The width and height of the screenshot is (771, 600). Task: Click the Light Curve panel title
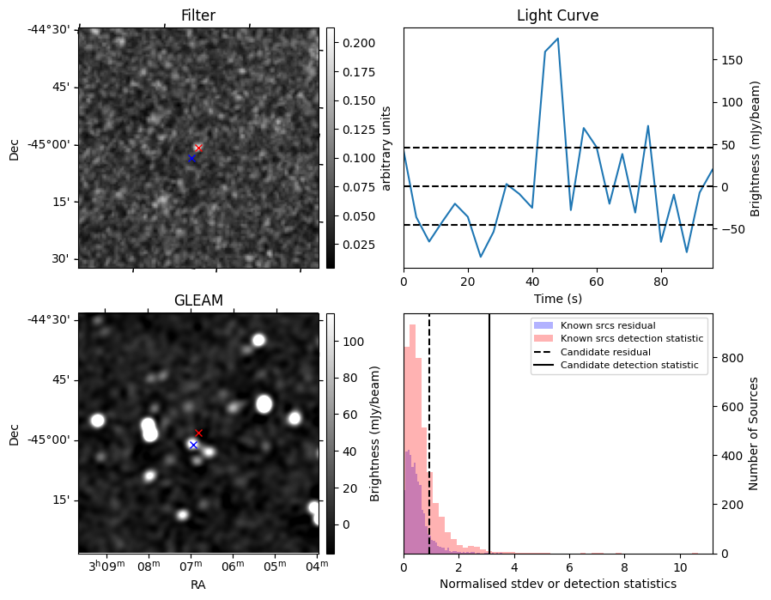[557, 15]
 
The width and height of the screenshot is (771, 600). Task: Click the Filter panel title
[197, 15]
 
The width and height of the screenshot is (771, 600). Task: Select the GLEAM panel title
[197, 300]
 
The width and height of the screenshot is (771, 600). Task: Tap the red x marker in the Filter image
[198, 148]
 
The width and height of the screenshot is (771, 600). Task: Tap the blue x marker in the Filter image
[191, 159]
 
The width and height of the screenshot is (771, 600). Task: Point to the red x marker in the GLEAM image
[198, 433]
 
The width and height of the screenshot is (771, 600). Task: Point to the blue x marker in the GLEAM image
[193, 445]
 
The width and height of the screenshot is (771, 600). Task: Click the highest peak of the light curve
[557, 39]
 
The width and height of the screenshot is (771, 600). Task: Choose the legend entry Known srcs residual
[608, 325]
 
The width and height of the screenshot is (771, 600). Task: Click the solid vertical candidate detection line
[489, 429]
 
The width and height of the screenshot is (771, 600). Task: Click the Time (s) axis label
[557, 298]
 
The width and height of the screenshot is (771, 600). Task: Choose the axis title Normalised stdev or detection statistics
[557, 584]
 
